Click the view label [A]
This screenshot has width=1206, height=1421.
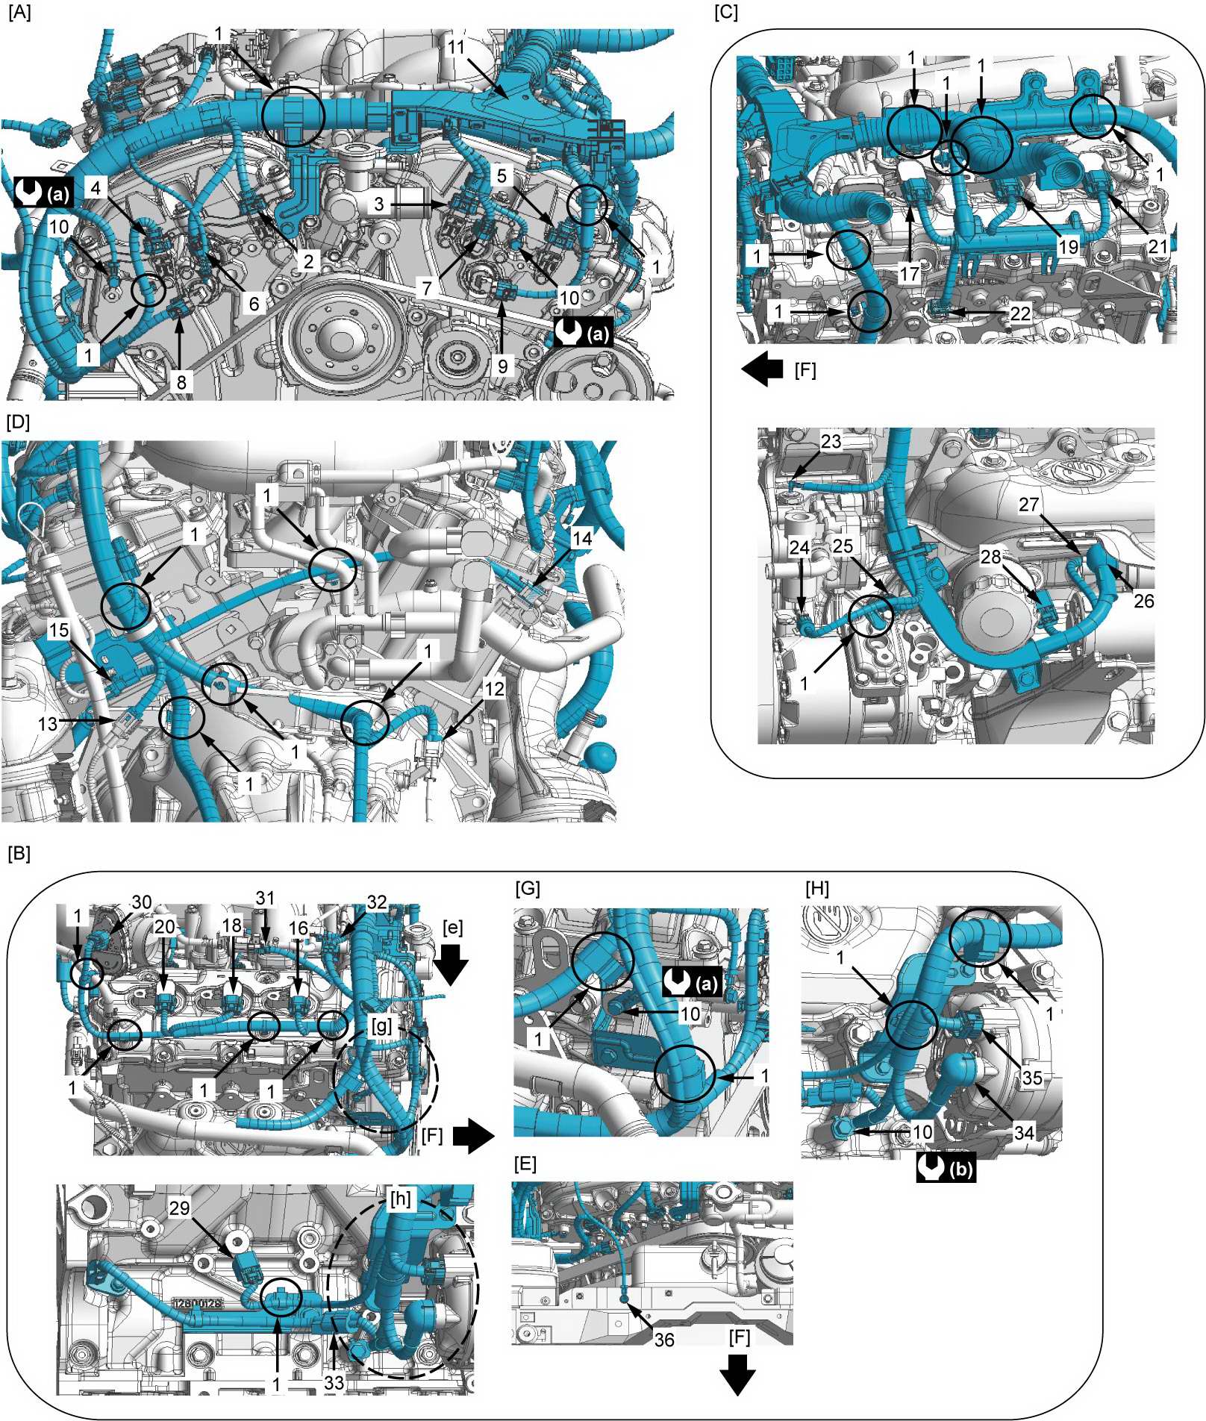[x=19, y=13]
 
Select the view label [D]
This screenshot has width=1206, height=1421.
[x=18, y=422]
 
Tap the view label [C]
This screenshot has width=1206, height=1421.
[x=726, y=13]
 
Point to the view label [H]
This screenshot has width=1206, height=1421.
[x=818, y=888]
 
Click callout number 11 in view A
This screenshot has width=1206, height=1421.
[x=457, y=48]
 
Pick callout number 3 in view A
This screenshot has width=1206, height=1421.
[x=380, y=204]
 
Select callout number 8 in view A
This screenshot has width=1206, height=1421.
[x=181, y=383]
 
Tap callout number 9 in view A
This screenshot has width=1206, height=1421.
[x=503, y=366]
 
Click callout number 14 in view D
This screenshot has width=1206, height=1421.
[x=582, y=538]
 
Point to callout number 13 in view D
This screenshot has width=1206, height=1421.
[x=48, y=723]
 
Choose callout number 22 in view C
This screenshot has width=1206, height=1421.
[x=1020, y=313]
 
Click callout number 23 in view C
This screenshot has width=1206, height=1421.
[x=831, y=442]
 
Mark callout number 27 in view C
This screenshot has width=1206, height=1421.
[x=1029, y=505]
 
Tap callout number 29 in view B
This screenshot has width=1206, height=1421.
[x=179, y=1208]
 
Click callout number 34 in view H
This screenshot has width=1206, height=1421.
[x=1024, y=1132]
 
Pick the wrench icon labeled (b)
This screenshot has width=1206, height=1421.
[x=946, y=1168]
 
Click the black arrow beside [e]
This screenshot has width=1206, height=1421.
[x=452, y=964]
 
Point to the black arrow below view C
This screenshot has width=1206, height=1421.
[x=763, y=369]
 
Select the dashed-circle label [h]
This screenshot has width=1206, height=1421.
[x=401, y=1198]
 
